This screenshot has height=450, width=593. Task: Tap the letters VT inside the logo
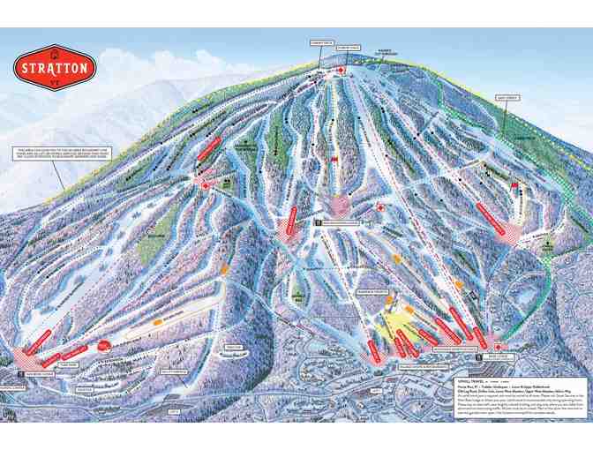point(54,81)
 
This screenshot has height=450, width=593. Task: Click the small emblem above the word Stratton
point(54,51)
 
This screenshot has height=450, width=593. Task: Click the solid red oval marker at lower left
point(104,345)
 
